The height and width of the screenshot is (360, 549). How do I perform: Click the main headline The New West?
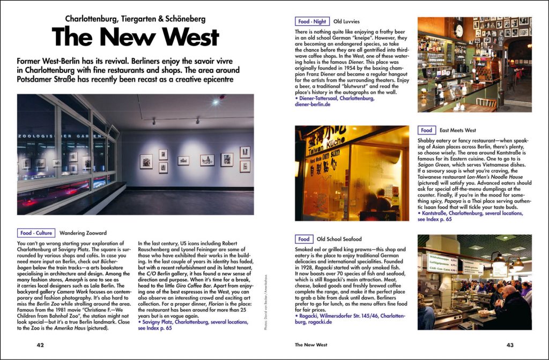(135, 37)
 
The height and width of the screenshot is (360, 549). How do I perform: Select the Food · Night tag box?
(312, 21)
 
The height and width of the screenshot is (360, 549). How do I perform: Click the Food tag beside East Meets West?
(426, 130)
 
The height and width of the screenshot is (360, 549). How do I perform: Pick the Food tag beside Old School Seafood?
(303, 239)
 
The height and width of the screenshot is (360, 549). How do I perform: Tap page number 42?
(40, 345)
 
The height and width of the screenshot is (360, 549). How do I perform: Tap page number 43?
(509, 345)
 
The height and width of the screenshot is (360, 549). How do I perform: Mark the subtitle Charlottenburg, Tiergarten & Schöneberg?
(135, 19)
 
